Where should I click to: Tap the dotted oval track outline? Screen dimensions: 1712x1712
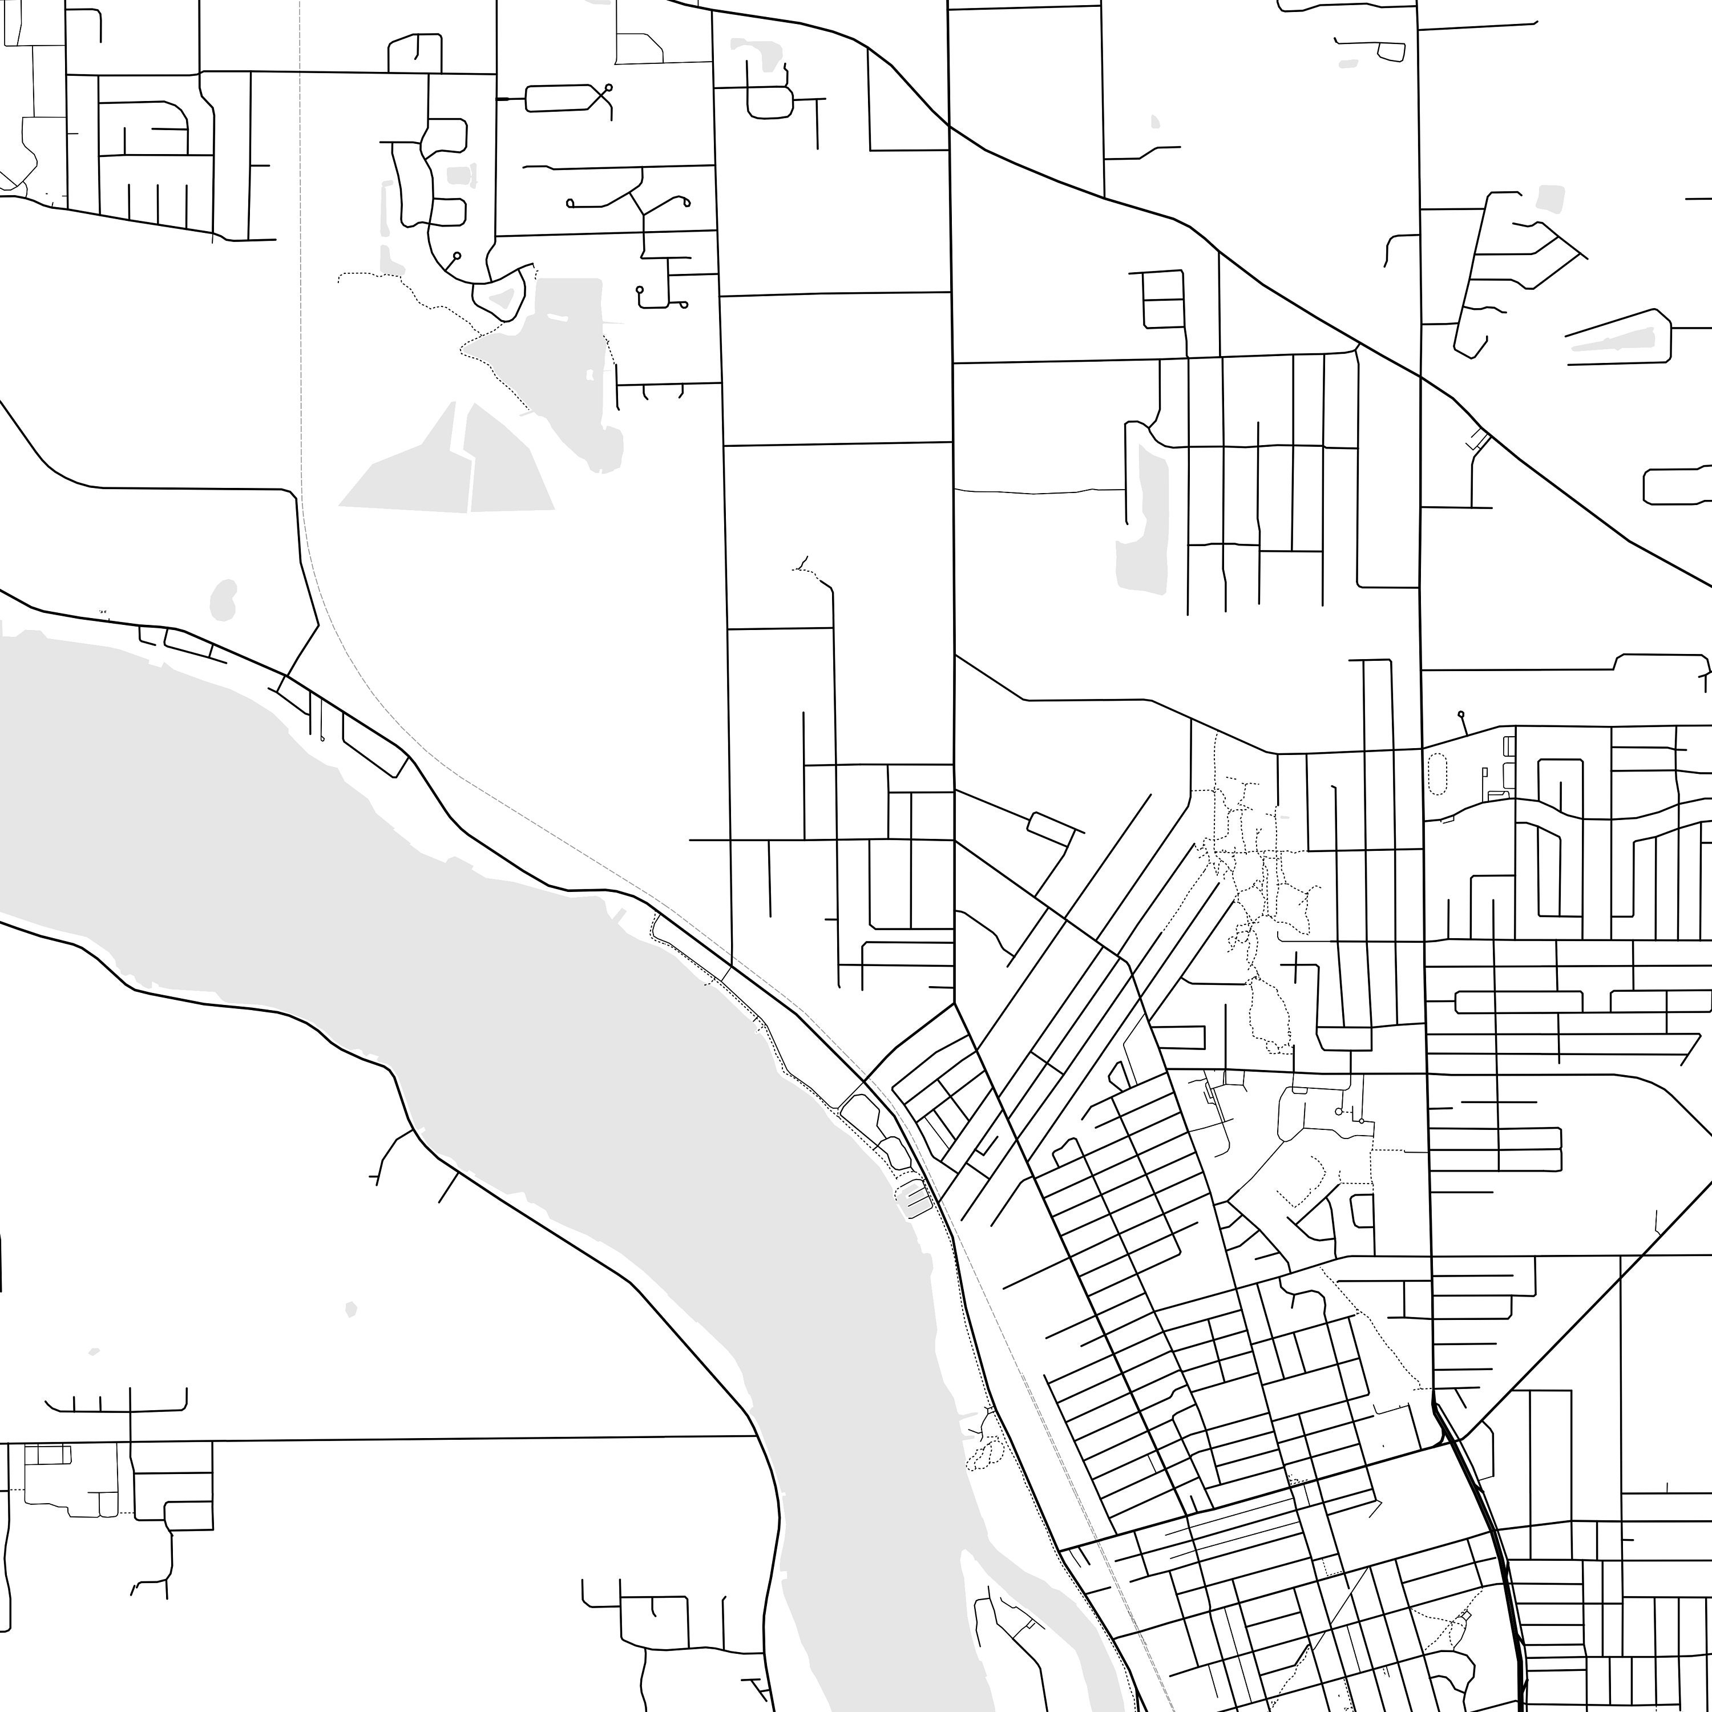click(x=1438, y=774)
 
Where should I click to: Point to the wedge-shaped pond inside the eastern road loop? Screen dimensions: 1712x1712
click(x=1613, y=340)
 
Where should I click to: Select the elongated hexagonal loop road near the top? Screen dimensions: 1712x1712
click(x=558, y=98)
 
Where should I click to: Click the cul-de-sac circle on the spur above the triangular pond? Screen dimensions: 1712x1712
click(x=457, y=255)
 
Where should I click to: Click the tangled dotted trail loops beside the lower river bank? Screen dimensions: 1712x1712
click(x=986, y=1449)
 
